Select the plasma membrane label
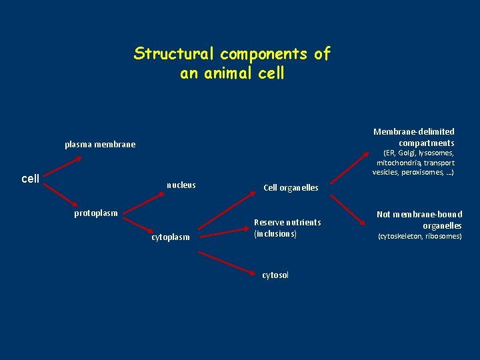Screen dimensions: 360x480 click(99, 145)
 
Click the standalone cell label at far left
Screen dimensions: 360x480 click(31, 179)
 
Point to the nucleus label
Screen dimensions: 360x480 click(181, 185)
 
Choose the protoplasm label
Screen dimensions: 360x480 click(95, 213)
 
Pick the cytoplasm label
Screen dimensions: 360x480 click(171, 237)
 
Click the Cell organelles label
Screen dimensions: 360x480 click(291, 188)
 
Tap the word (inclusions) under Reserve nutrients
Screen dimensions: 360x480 click(275, 234)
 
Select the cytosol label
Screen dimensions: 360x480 click(275, 275)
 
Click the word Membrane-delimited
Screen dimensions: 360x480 click(413, 132)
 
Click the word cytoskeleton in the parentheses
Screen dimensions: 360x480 click(400, 237)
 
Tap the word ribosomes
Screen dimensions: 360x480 click(443, 237)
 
